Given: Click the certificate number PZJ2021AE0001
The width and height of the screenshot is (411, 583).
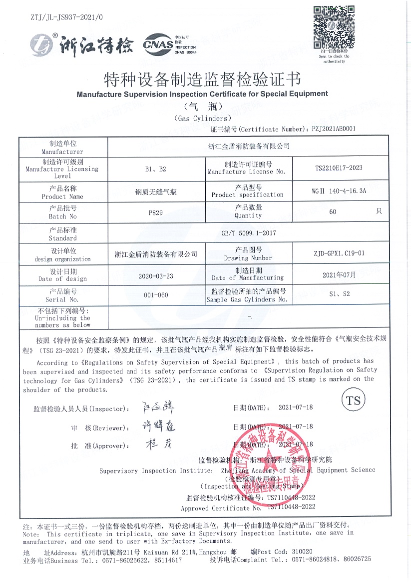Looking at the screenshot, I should pos(334,128).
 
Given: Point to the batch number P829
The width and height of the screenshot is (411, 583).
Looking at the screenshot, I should pos(156,212).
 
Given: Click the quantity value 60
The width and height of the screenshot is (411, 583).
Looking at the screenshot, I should pos(333,212).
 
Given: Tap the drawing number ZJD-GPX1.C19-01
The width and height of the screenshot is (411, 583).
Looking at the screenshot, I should pos(340,253).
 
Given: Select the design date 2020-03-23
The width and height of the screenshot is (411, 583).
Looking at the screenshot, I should pos(156,275).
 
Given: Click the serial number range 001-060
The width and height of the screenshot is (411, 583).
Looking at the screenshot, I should pos(156,295).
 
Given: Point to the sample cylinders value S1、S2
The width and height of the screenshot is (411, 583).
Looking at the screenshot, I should pos(340,294).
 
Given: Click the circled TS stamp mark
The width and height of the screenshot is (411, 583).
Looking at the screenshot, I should pos(353,401).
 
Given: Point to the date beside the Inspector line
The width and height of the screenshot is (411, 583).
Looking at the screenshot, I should pos(296,407).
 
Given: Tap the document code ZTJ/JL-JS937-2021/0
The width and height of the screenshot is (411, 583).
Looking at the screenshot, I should pos(66,17).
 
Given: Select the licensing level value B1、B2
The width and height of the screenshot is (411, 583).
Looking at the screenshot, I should pos(156,168).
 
